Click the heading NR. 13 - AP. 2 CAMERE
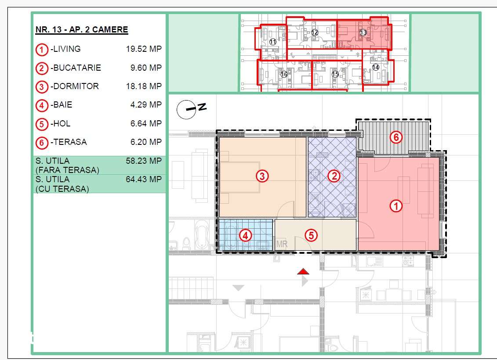coord(82,29)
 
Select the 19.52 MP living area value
coord(144,49)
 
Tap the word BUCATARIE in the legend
coord(77,68)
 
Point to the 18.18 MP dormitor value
coord(144,86)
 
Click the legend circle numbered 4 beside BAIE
coord(41,105)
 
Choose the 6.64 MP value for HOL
coord(146,123)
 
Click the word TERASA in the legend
coord(70,142)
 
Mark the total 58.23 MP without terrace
coord(144,161)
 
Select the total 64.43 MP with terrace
coord(144,179)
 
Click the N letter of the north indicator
coord(202,107)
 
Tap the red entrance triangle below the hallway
coord(303,271)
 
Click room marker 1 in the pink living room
coord(395,206)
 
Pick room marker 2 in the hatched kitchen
coord(334,176)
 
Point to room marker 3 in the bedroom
coord(262,176)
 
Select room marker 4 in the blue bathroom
coord(245,235)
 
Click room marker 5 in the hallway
coord(311,235)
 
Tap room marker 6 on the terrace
coord(396,137)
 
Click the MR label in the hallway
coord(282,244)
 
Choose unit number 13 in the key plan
coord(363,32)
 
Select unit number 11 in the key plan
coord(273,42)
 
